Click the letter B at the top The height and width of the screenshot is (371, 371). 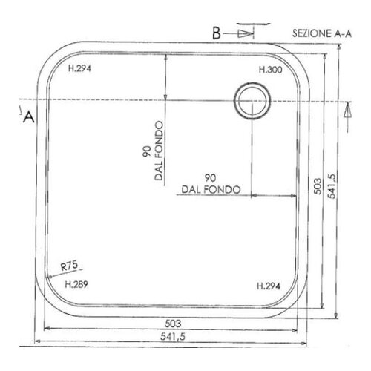point(216,33)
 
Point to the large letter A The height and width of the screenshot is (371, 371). point(29,116)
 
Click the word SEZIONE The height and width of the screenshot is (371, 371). point(306,34)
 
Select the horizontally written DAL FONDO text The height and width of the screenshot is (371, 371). point(209,190)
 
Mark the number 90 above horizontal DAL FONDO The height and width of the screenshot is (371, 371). point(209,178)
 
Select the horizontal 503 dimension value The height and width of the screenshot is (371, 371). point(171,324)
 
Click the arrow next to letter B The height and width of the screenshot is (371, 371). point(245,33)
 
